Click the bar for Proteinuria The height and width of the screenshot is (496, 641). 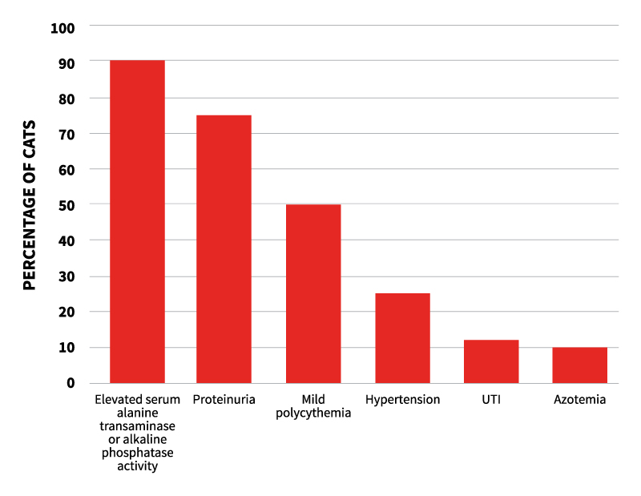click(x=224, y=248)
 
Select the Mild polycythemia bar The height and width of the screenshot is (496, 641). click(x=313, y=293)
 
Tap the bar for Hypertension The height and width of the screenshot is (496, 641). click(x=402, y=337)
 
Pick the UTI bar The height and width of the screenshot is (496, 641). click(x=491, y=361)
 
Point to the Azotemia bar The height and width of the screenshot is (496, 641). click(x=579, y=365)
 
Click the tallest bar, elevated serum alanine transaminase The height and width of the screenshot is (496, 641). click(x=137, y=221)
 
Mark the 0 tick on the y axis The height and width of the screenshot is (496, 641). click(x=70, y=383)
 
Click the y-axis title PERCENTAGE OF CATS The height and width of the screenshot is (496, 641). click(x=29, y=205)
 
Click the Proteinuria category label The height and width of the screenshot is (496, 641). click(x=224, y=399)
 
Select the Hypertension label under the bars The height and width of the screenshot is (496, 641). click(x=402, y=399)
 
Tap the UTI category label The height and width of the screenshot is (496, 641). click(x=491, y=399)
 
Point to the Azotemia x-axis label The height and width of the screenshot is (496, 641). click(x=579, y=399)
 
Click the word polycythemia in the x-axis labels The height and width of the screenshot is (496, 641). click(x=313, y=413)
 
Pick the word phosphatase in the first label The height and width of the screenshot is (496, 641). click(x=137, y=453)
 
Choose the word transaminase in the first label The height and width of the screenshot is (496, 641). click(x=137, y=426)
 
